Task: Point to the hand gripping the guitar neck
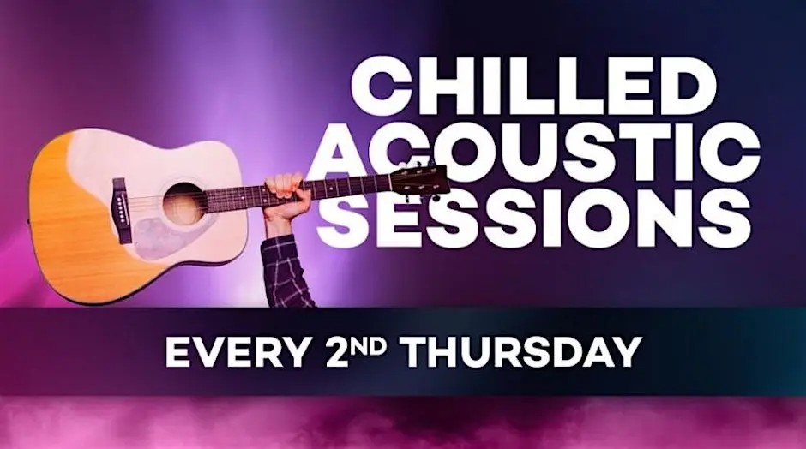tap(286, 197)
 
